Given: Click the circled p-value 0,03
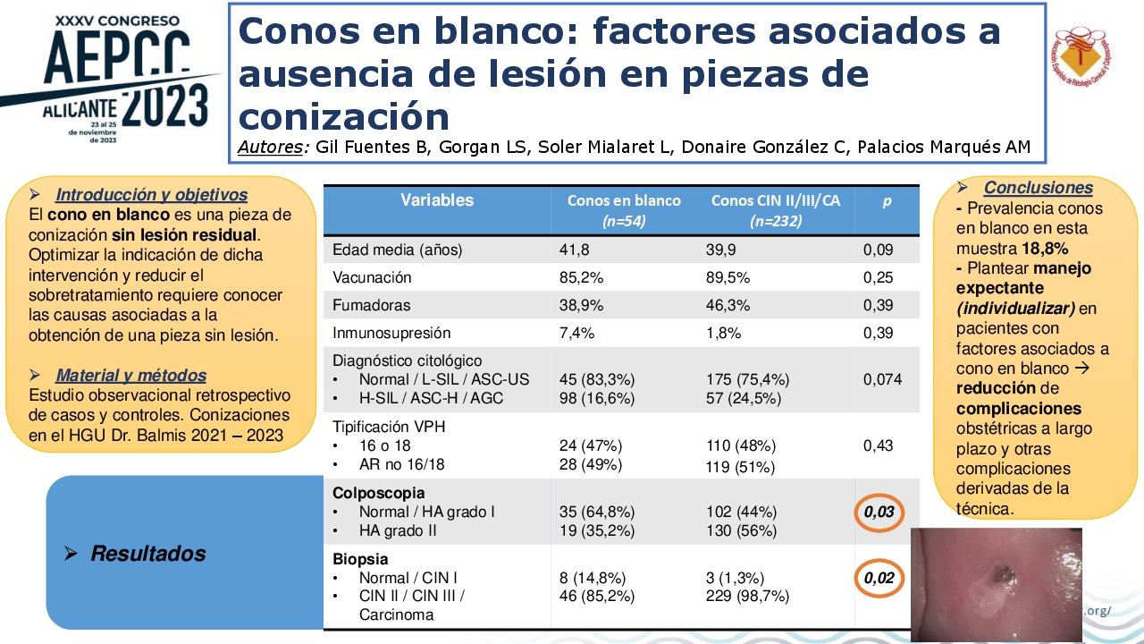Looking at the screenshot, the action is tap(879, 512).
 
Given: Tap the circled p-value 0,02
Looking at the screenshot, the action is tap(879, 578).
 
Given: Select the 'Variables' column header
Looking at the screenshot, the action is tap(437, 199).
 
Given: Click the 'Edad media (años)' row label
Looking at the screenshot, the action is tap(398, 250).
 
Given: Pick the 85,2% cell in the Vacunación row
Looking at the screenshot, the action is tap(581, 277).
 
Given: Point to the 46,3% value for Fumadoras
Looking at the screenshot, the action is tap(728, 305).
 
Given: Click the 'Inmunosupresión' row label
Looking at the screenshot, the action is tap(391, 333).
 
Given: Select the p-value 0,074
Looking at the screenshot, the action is tap(882, 379).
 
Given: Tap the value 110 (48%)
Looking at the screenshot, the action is tap(741, 445).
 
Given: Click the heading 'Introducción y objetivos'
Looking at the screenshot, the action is tap(152, 195).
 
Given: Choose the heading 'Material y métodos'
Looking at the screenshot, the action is tap(131, 375).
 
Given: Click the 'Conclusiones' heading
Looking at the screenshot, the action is tap(1039, 188).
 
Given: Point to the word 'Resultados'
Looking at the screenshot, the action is tap(148, 553).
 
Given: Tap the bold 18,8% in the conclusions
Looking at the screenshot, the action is tap(1045, 249).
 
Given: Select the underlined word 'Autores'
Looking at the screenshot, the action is tap(271, 147).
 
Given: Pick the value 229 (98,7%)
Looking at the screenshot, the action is tap(748, 596).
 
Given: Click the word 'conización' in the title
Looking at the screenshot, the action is tap(344, 116).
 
